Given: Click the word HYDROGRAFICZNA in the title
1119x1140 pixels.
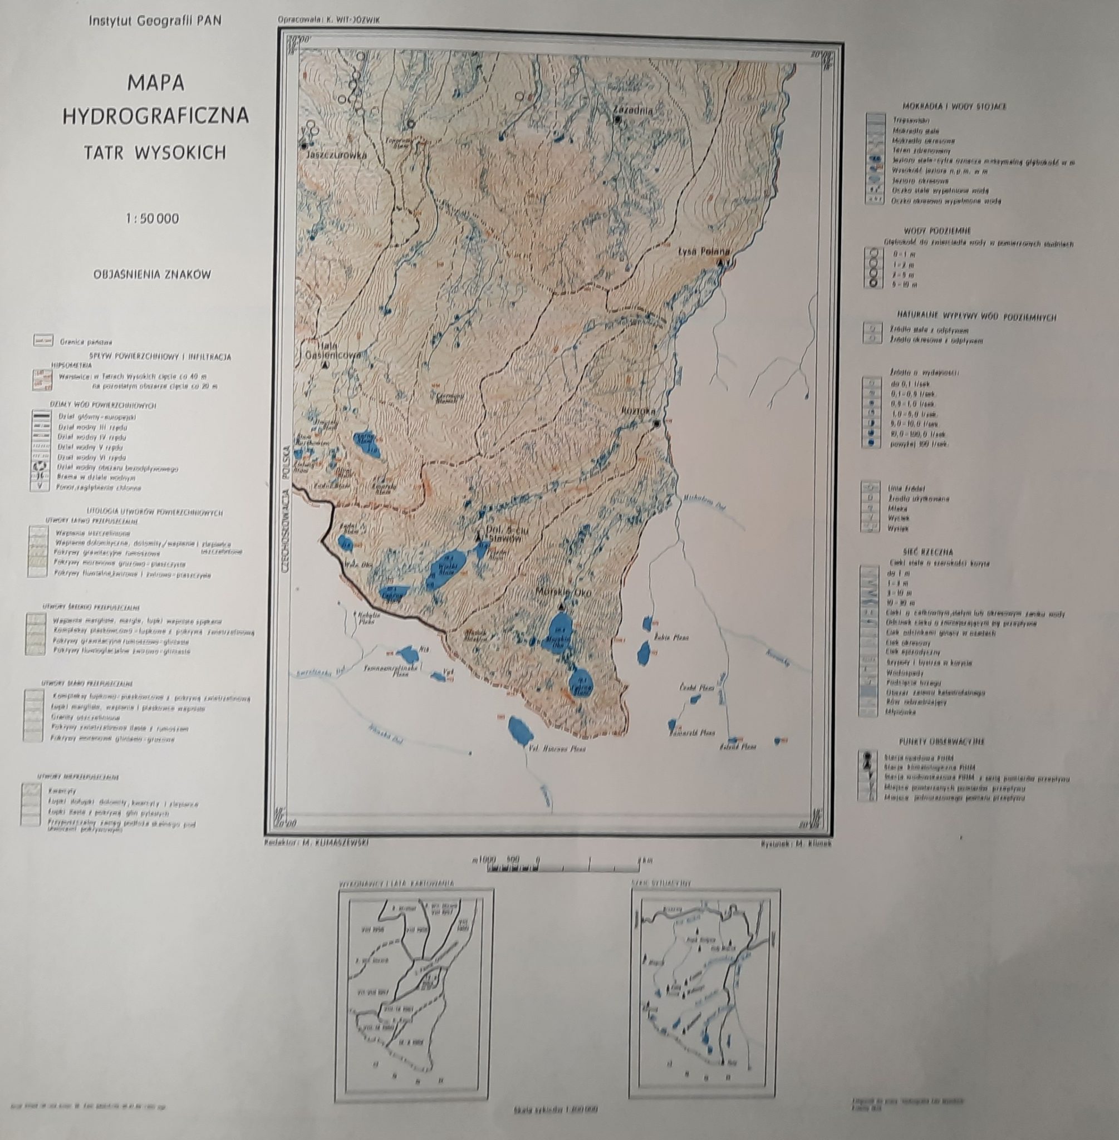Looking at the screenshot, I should [155, 116].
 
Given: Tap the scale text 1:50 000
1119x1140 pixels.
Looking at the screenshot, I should [152, 219].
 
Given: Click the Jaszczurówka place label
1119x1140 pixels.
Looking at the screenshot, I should [336, 155].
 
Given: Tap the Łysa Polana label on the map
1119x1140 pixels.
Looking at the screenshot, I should [703, 251].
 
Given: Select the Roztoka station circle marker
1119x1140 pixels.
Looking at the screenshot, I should [656, 423].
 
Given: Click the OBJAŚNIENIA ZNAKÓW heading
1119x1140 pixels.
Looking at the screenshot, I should [151, 274].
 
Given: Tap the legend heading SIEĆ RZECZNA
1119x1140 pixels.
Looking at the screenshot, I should [929, 552].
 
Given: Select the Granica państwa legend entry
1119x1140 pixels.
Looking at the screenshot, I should [86, 341].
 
